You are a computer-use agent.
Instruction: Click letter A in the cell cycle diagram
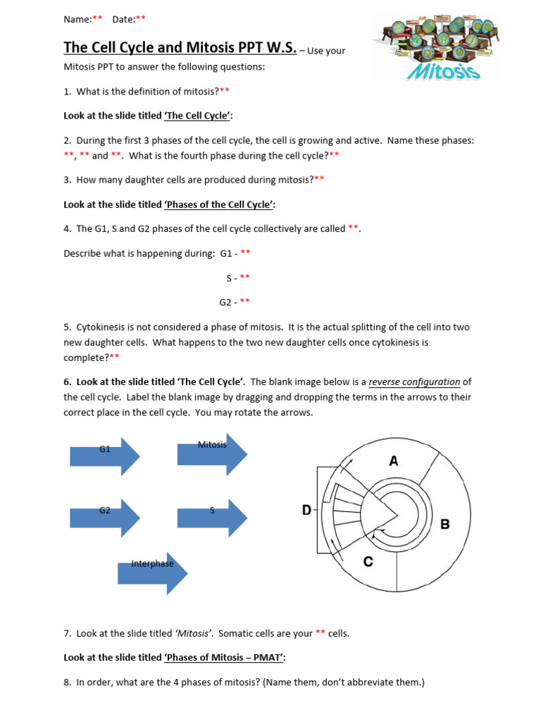click(x=394, y=461)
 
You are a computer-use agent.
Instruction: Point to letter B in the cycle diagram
click(x=444, y=525)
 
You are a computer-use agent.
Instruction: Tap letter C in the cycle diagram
click(x=368, y=561)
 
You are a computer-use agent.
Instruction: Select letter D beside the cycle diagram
click(x=306, y=510)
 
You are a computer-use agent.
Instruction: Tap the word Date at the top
click(x=123, y=20)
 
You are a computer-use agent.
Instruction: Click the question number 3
click(x=67, y=180)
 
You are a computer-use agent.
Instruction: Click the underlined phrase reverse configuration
click(x=414, y=382)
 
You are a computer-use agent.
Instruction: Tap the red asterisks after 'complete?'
click(x=114, y=357)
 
